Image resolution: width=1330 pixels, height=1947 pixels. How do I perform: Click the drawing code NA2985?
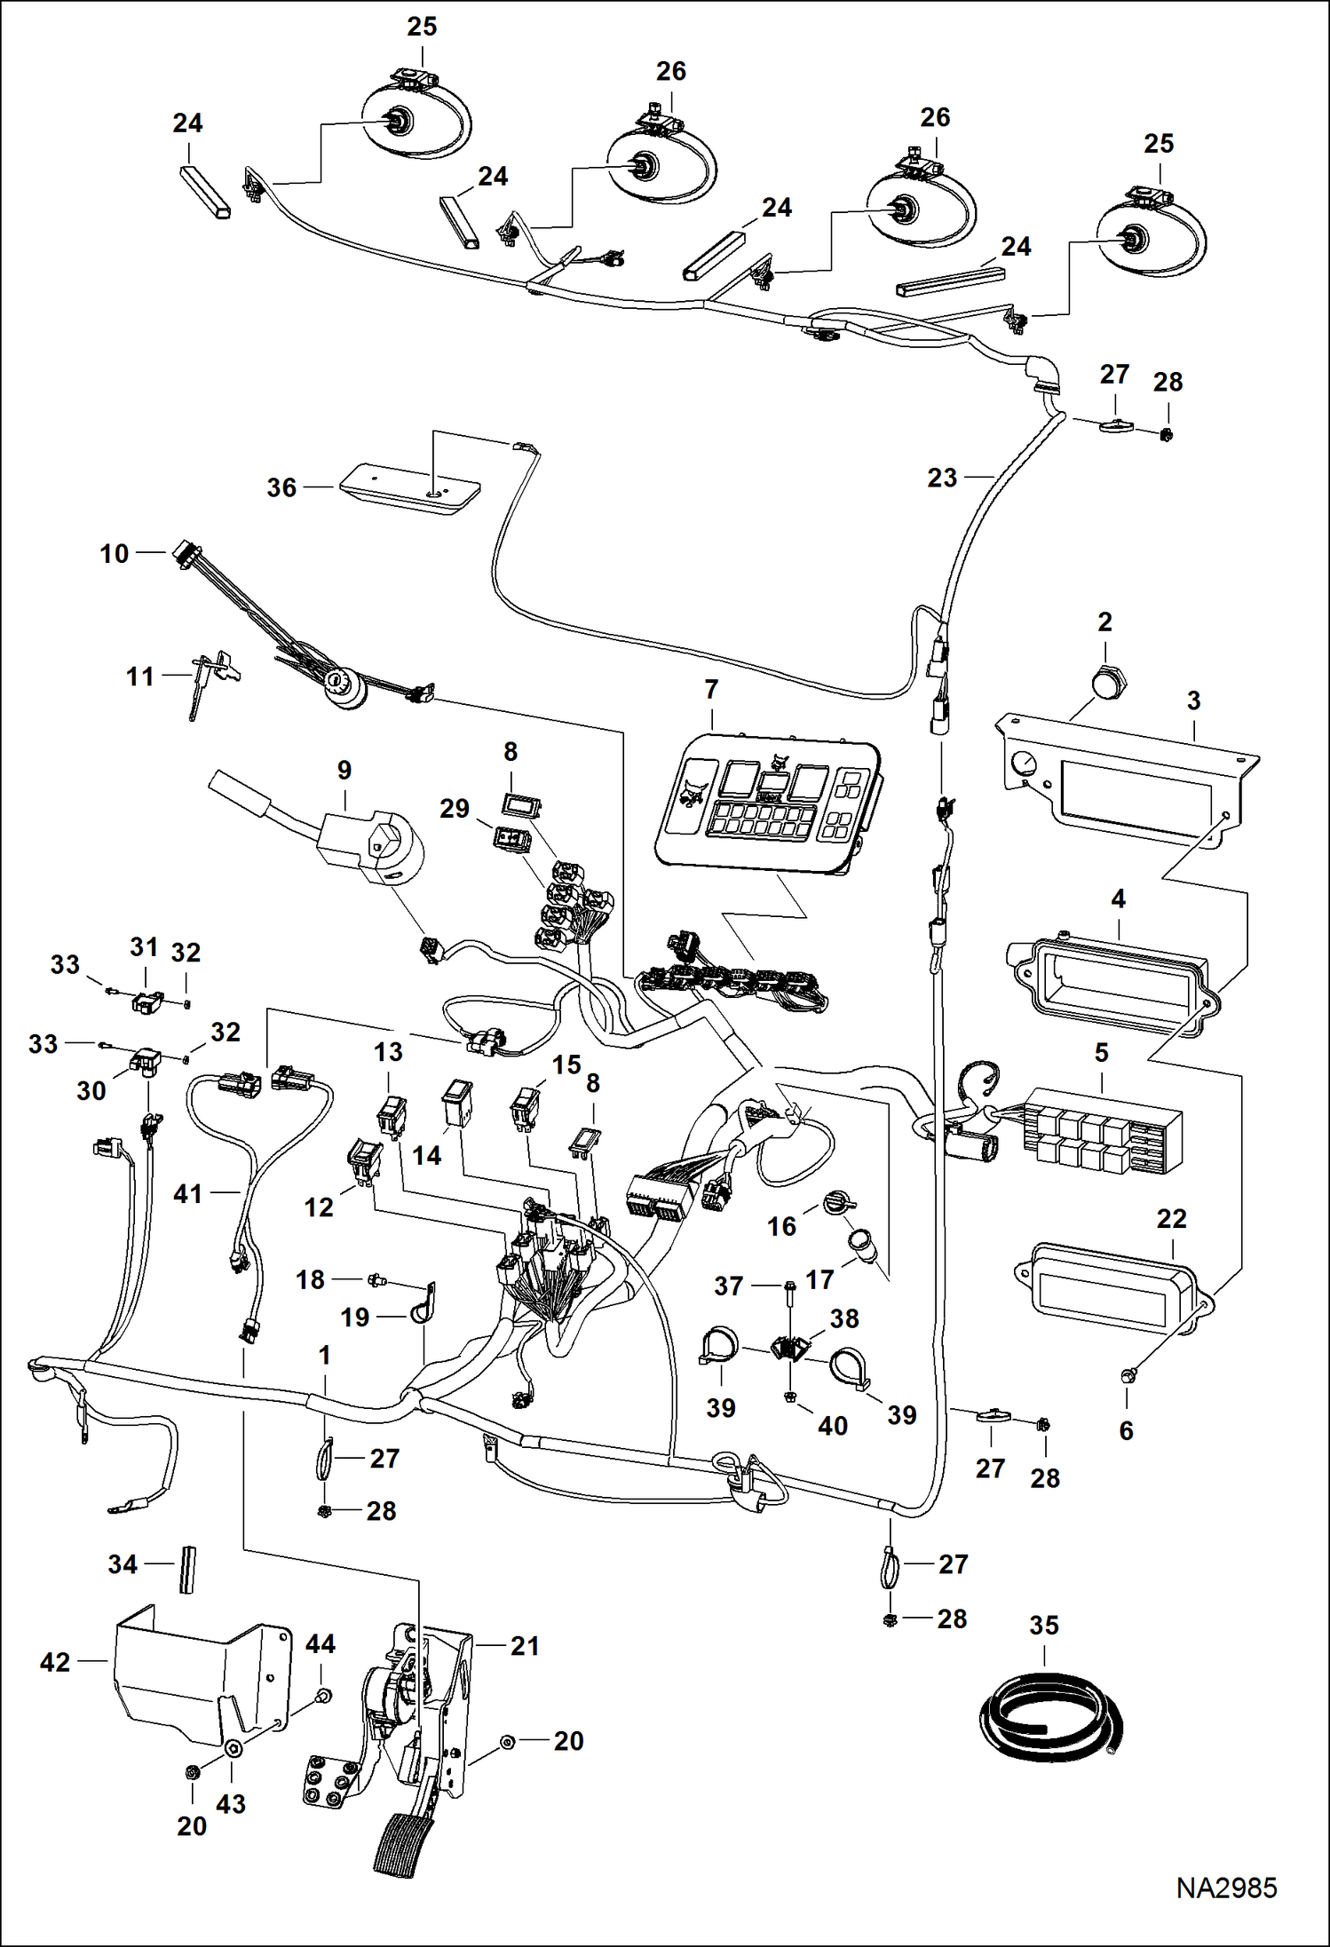[x=1226, y=1887]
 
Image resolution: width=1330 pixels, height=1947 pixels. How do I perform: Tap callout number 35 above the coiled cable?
[x=1044, y=1626]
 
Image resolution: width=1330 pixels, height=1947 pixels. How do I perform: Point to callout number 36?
[x=281, y=487]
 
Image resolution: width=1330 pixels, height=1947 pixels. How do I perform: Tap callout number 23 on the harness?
[x=942, y=478]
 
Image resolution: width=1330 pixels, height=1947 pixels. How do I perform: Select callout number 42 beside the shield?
[x=55, y=1661]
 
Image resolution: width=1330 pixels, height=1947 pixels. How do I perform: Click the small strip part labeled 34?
[x=187, y=1569]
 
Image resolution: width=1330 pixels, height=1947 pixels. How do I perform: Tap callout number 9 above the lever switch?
[x=344, y=770]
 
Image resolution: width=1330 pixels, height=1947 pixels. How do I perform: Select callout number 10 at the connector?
[x=114, y=554]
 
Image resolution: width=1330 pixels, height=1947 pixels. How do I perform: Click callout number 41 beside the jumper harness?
[x=187, y=1194]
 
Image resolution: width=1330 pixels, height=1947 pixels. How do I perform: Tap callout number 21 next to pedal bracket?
[x=525, y=1646]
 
